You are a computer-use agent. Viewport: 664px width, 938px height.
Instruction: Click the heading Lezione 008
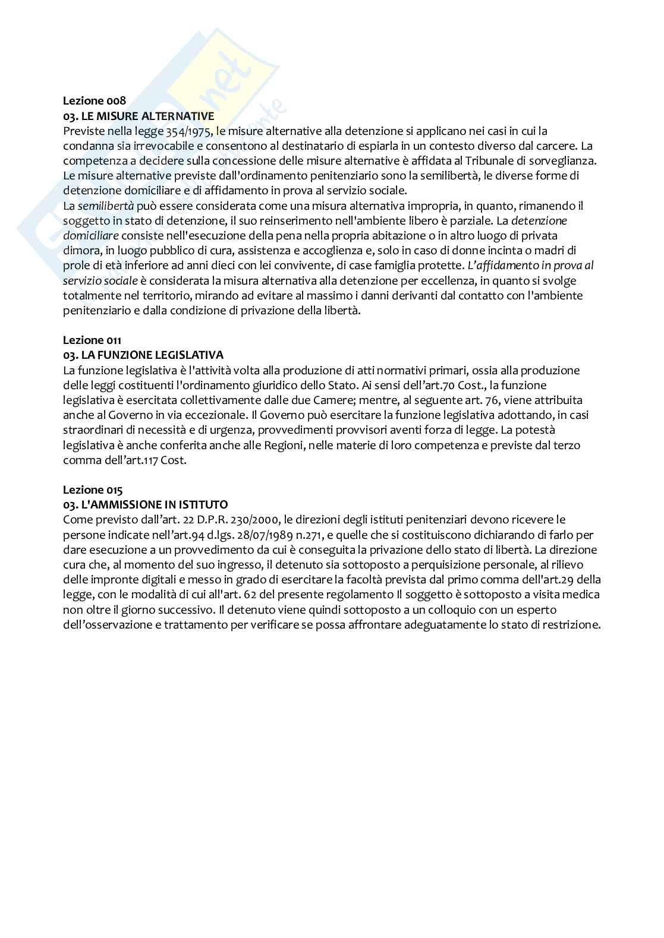pos(95,101)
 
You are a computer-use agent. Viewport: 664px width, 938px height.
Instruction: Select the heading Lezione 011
pos(92,340)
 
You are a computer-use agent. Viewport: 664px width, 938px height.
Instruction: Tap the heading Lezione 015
pos(93,490)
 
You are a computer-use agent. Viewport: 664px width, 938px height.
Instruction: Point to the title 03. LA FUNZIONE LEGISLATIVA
pos(143,355)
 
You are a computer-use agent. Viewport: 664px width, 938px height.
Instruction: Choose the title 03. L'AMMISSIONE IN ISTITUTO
pos(146,505)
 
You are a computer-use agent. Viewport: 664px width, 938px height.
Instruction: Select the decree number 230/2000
pos(259,520)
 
